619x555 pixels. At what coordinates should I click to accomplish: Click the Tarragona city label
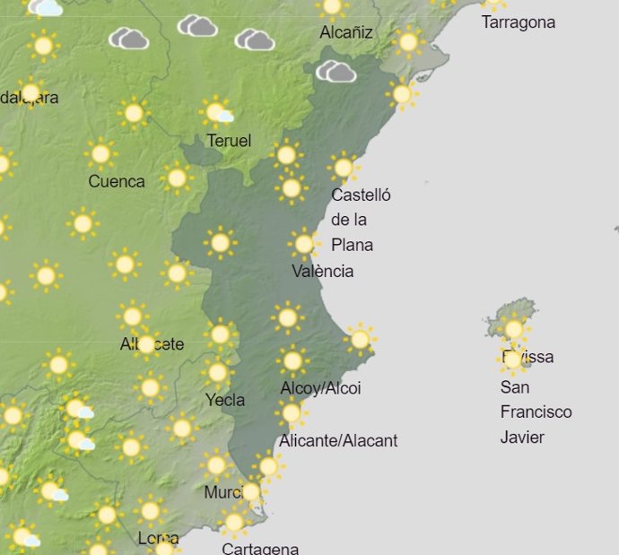[x=518, y=22]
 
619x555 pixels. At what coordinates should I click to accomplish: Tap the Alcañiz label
[x=346, y=33]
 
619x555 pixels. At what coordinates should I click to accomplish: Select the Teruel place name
[x=229, y=141]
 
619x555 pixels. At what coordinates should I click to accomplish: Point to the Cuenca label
[x=117, y=181]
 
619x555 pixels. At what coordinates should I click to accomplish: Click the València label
[x=323, y=271]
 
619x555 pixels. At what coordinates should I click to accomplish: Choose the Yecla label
[x=225, y=400]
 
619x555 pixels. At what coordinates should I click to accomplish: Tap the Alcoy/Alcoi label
[x=320, y=388]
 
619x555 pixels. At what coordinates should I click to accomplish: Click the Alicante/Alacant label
[x=338, y=440]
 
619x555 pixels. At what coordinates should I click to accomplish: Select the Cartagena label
[x=260, y=548]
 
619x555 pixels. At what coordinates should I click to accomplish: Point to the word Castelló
[x=361, y=195]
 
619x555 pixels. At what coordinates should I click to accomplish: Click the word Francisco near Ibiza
[x=536, y=412]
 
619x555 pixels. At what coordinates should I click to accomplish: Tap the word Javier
[x=522, y=438]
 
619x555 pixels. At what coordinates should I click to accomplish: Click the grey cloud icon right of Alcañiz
[x=336, y=71]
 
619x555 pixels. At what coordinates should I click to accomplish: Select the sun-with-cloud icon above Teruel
[x=217, y=113]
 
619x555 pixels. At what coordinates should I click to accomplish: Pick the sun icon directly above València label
[x=304, y=243]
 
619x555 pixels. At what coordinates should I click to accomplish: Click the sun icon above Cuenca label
[x=100, y=154]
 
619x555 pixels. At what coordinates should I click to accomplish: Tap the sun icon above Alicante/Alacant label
[x=291, y=413]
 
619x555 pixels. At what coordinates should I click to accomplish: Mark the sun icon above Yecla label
[x=217, y=372]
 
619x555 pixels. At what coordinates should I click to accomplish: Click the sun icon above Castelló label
[x=343, y=167]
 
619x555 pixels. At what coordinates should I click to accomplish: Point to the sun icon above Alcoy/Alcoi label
[x=292, y=361]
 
